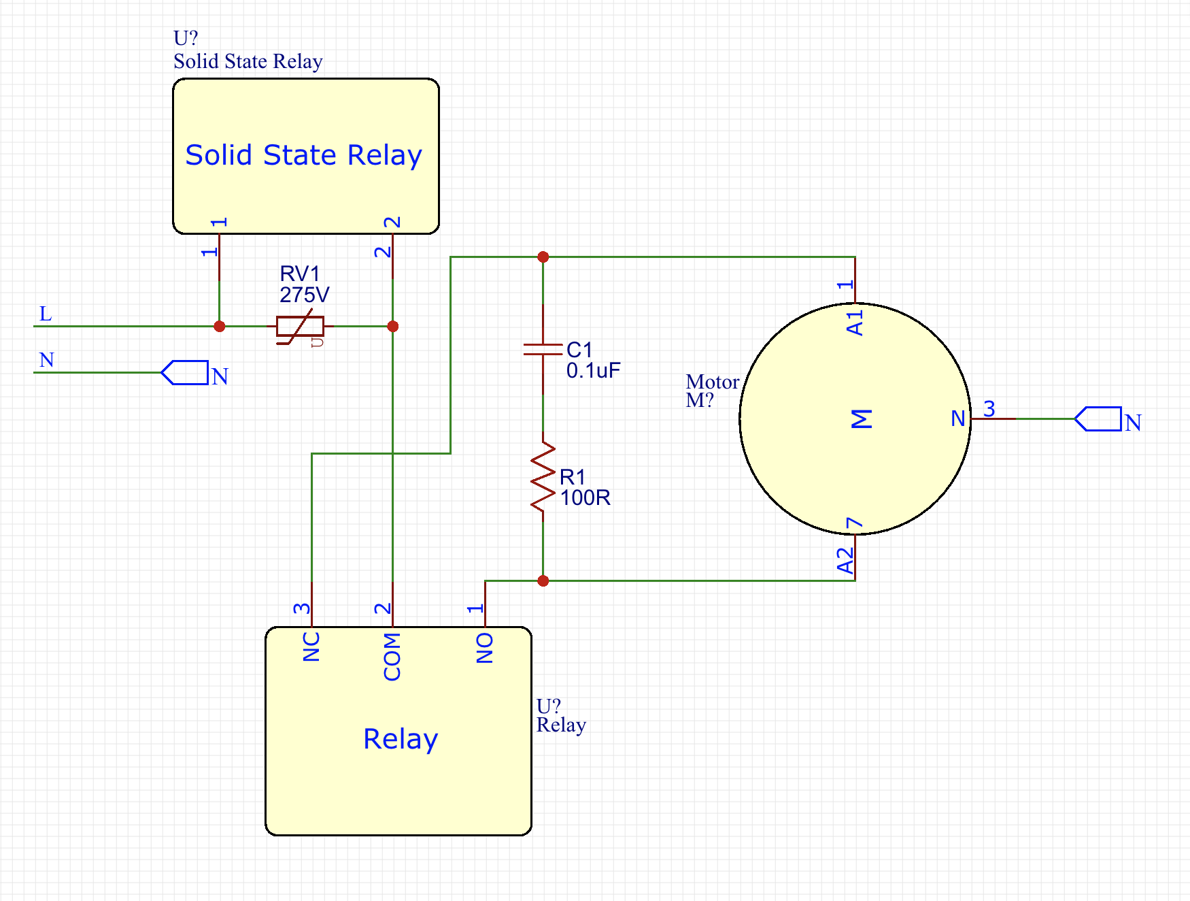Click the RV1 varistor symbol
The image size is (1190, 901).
tap(300, 327)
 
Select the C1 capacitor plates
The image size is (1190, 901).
tap(543, 350)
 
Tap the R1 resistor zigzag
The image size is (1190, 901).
tap(543, 476)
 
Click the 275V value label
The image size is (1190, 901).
tap(304, 295)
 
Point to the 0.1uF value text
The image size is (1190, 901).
tap(593, 371)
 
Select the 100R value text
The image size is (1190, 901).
tap(585, 497)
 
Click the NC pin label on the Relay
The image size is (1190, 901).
tap(311, 646)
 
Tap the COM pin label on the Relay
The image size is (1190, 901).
tap(392, 656)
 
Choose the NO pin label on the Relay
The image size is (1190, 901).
tap(485, 647)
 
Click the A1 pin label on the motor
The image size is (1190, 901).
tap(855, 323)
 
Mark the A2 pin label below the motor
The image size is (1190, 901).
tap(845, 561)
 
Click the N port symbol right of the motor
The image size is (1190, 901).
tap(1098, 419)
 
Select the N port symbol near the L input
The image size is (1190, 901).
tap(185, 373)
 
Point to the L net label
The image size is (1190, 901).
tap(46, 314)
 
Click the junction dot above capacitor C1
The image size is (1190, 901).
tap(543, 257)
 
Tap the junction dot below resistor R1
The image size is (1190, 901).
tap(543, 580)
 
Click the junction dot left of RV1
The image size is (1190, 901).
tap(219, 327)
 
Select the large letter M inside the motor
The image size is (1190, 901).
tap(861, 419)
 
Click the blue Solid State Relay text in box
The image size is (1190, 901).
tap(303, 155)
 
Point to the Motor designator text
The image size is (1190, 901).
tap(712, 382)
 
